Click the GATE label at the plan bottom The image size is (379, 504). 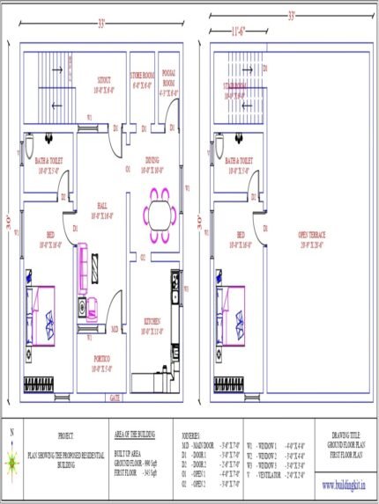tap(115, 398)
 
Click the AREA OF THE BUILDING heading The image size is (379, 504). tap(137, 434)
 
